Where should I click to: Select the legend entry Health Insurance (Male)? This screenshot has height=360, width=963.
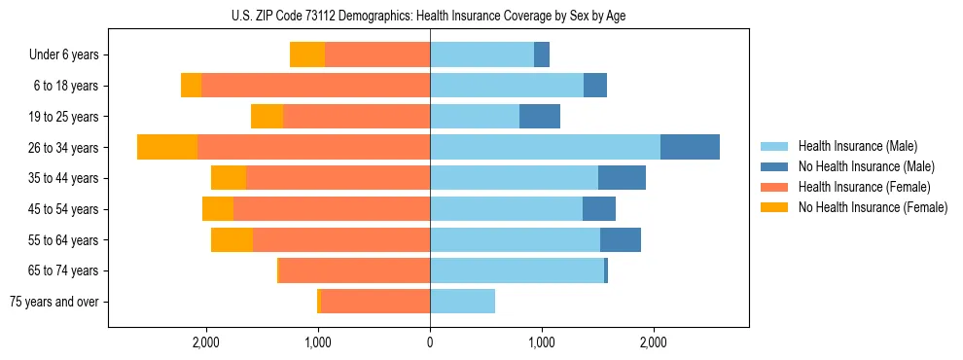coord(857,146)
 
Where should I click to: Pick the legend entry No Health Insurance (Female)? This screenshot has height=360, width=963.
coord(873,207)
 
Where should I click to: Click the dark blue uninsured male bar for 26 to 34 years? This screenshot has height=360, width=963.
coord(690,147)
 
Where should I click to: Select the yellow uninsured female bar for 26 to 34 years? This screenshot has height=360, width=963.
coord(167,147)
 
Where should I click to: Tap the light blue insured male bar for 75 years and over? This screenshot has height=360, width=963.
coord(462,302)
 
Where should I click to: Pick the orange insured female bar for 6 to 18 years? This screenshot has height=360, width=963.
coord(315,86)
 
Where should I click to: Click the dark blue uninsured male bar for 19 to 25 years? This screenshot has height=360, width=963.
coord(540,117)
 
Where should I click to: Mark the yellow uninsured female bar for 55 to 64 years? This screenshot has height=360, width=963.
coord(232,240)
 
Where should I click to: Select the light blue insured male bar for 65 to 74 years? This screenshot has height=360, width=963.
coord(517,270)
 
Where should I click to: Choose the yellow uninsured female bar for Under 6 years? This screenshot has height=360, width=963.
coord(307,55)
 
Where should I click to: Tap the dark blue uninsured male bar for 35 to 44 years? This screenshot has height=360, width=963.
coord(622,178)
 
